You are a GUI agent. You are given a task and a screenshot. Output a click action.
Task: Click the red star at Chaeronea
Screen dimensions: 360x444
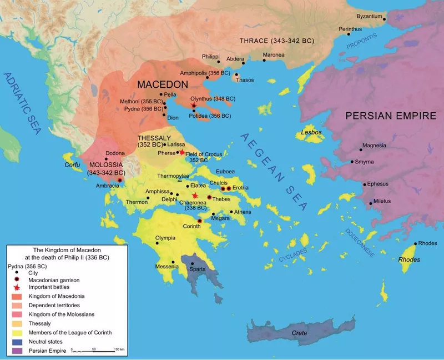(194, 196)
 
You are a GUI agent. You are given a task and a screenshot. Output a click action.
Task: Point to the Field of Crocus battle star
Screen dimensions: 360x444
(181, 152)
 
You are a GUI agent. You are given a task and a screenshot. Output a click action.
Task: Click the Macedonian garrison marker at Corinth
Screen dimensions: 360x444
(200, 221)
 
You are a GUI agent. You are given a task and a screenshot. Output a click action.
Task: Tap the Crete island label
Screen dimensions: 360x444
(299, 332)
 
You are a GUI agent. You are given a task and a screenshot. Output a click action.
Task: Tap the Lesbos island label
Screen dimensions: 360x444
(311, 133)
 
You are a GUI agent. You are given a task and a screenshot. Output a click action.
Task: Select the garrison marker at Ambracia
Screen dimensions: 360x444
(120, 181)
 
